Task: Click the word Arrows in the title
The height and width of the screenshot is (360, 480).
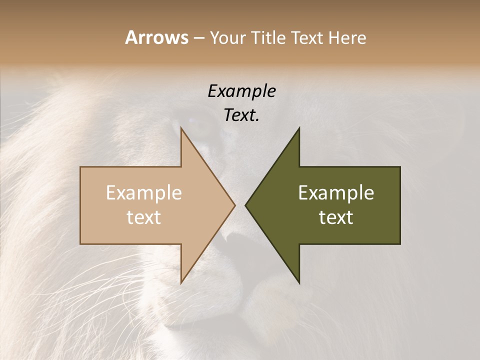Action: pos(157,37)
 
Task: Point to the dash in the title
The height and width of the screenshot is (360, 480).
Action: pos(198,38)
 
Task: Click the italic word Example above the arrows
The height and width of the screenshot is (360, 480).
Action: pos(241,91)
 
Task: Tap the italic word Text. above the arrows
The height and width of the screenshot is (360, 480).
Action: pos(241,115)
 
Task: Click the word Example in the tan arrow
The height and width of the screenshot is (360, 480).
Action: pos(144,193)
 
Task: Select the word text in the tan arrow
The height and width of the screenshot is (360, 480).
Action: pos(144,217)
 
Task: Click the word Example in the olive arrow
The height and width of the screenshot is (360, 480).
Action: pos(336,193)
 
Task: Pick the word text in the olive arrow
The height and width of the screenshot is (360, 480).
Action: pos(336,217)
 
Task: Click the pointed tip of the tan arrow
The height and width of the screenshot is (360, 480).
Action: pos(234,205)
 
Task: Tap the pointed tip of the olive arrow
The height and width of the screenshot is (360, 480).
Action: pos(245,205)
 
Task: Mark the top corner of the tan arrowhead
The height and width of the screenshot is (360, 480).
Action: pos(181,128)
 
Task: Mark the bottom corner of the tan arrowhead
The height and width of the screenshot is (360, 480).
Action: pos(181,282)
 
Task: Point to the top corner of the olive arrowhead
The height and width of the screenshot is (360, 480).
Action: pos(299,128)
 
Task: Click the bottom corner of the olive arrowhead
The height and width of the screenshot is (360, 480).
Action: pos(299,282)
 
